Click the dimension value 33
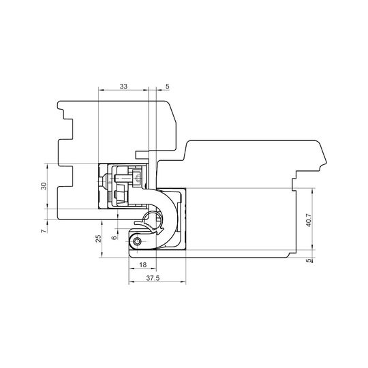[x=123, y=87]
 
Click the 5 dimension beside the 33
[x=168, y=87]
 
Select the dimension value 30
[x=44, y=186]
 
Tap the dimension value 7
[x=43, y=231]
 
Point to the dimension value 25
[x=99, y=239]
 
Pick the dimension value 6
[x=114, y=238]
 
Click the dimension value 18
[x=143, y=264]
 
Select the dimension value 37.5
[x=153, y=278]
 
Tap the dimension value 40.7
[x=309, y=220]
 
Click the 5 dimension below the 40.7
[x=309, y=260]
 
